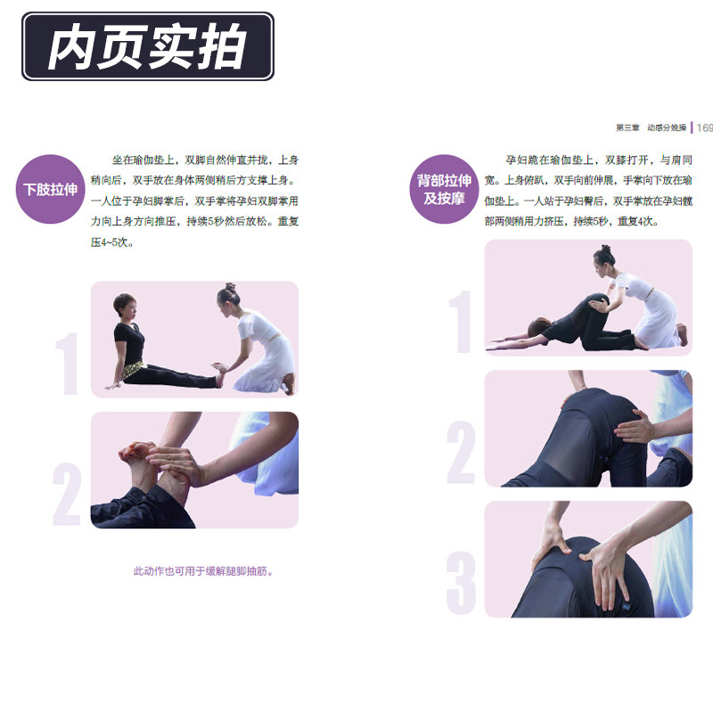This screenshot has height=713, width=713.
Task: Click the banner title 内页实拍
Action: coord(147,47)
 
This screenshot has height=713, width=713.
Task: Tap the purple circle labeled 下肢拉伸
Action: coord(51,189)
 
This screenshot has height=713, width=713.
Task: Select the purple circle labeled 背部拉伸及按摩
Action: coord(444,189)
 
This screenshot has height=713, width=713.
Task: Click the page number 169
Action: coord(704,127)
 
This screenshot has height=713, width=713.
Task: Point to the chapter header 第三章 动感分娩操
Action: coord(651,127)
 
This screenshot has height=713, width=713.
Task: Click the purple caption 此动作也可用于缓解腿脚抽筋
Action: coord(203,571)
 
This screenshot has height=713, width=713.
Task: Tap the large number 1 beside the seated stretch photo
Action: coord(68,364)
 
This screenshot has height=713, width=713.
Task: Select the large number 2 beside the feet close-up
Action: coord(67,494)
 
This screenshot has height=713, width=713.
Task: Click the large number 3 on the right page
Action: coord(461,583)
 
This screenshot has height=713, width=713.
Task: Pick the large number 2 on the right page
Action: coord(461,452)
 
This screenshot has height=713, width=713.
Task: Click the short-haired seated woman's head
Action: coord(126,307)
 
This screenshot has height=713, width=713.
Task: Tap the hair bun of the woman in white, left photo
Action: coord(230,287)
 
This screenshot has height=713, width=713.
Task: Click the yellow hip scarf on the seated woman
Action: coord(131,369)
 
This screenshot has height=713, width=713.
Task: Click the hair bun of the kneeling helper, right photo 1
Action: coord(605,249)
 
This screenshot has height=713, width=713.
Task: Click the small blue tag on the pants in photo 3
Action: coord(627,607)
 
